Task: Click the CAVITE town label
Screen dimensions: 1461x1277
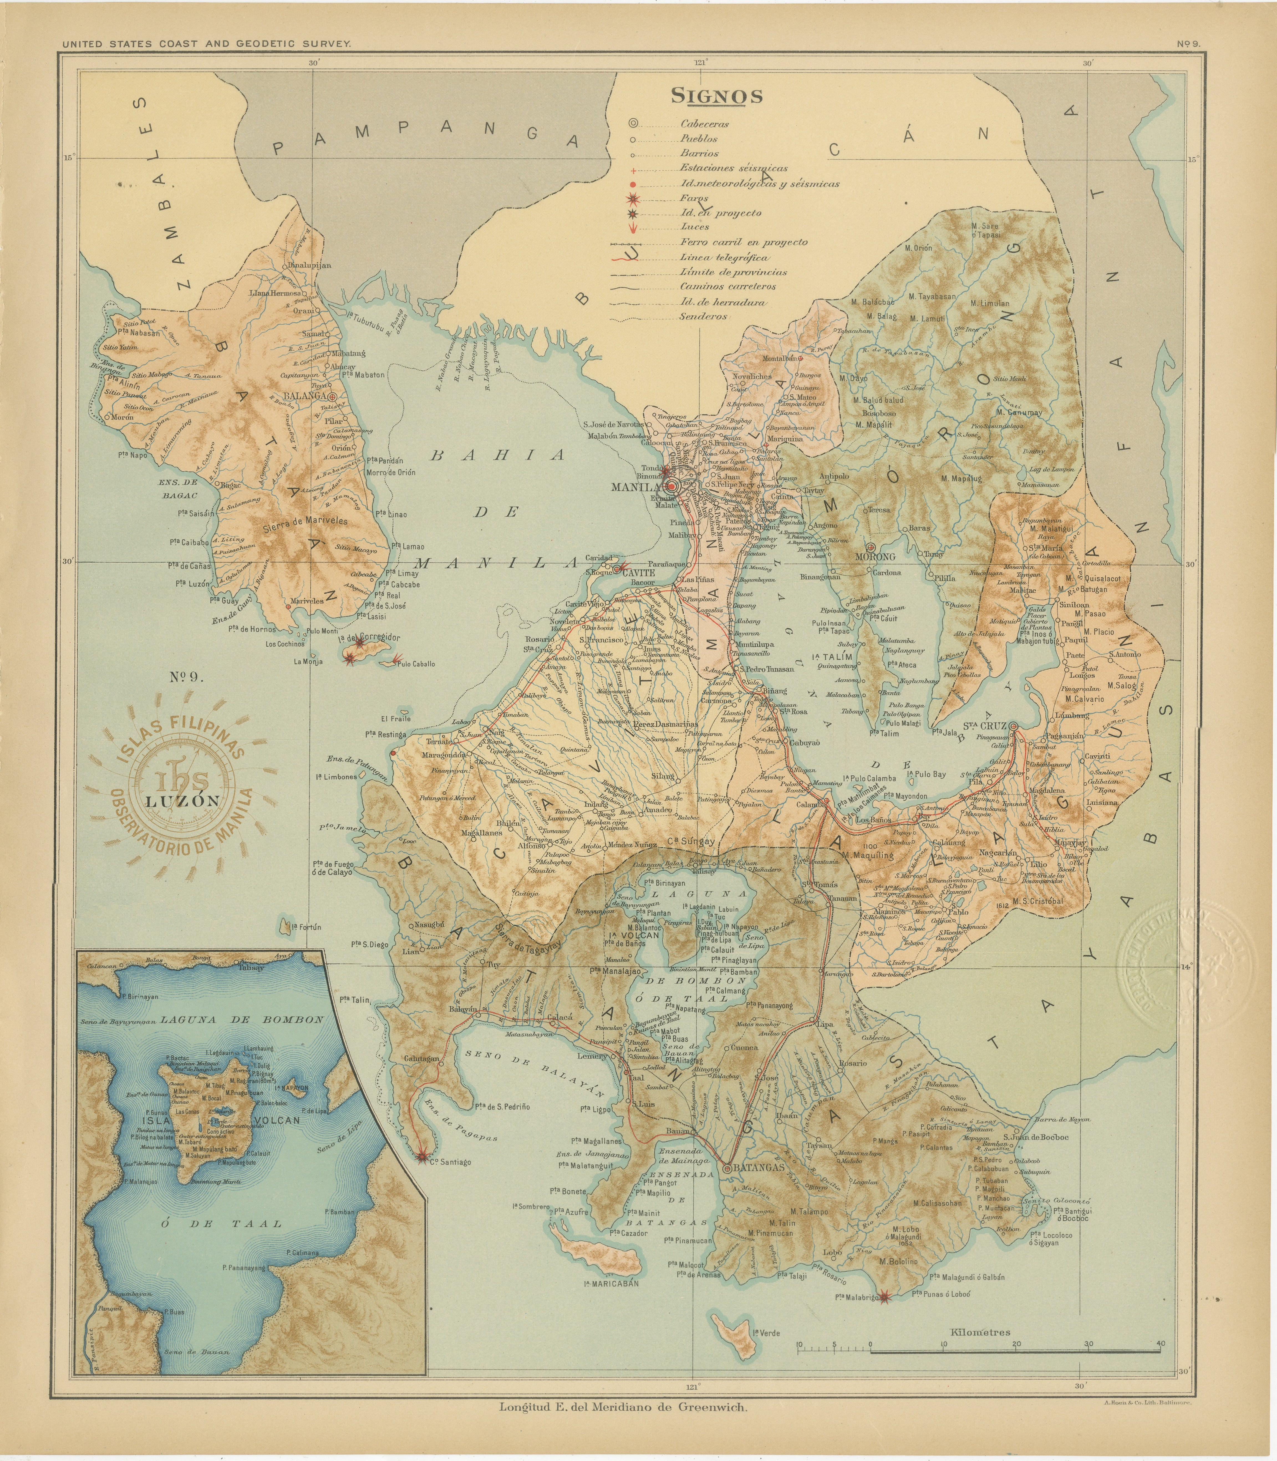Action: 638,572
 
